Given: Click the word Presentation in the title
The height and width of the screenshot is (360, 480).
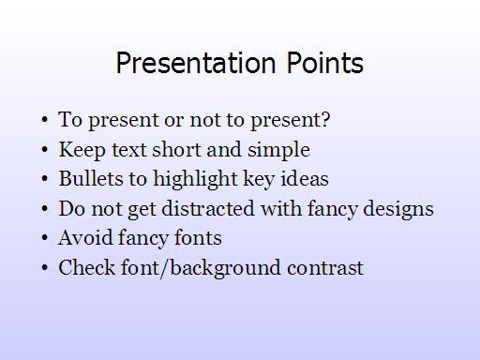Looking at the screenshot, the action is (x=196, y=63).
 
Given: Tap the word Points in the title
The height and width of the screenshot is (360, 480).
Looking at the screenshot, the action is (x=325, y=63).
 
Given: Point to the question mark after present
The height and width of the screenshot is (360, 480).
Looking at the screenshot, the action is (x=325, y=119).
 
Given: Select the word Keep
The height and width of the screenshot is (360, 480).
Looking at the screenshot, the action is (x=82, y=150).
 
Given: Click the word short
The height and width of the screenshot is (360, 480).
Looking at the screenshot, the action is (x=176, y=149).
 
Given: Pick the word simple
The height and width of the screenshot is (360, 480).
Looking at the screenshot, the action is (x=278, y=150).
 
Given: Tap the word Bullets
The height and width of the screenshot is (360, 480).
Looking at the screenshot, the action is (x=91, y=178).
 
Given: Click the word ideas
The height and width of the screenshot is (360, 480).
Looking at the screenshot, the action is (x=305, y=178).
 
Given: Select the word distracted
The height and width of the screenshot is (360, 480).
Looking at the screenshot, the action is (x=208, y=208).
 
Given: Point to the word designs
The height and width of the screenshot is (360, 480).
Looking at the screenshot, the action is (x=398, y=209).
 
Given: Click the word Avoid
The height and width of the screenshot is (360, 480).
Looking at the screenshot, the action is (x=85, y=237).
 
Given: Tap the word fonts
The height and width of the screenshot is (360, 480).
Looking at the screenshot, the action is (x=198, y=237).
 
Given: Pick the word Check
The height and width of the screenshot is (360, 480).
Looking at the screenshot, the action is (x=87, y=267).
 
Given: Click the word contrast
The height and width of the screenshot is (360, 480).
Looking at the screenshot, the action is (x=325, y=268).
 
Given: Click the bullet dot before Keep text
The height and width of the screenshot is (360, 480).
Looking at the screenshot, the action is (x=45, y=150).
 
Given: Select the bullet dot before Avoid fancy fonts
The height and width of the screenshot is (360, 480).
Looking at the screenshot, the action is (x=45, y=238).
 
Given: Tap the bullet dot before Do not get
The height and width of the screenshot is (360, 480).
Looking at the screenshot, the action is (x=45, y=208).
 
